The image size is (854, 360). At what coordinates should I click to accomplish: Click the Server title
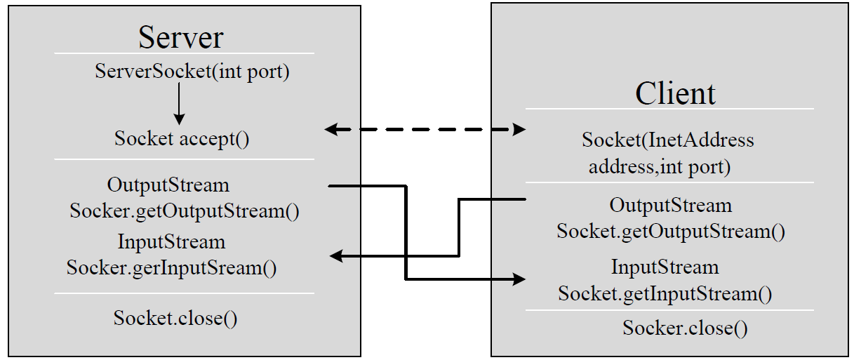(181, 37)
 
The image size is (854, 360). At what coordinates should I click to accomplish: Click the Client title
(675, 93)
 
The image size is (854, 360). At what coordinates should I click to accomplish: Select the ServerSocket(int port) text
(192, 72)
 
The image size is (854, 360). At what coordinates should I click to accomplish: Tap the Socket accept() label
(182, 138)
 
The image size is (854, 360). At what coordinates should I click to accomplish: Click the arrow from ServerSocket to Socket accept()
(179, 104)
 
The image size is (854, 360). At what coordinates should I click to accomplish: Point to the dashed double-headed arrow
(425, 129)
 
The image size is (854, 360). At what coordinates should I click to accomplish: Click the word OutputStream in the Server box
(168, 185)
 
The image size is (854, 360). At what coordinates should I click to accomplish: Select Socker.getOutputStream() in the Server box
(185, 211)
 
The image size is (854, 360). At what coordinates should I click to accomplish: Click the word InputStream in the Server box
(171, 242)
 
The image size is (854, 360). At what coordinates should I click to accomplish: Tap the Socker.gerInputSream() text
(171, 267)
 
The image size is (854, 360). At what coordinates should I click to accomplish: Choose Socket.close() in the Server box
(175, 318)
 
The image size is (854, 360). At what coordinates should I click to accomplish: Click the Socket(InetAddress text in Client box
(668, 140)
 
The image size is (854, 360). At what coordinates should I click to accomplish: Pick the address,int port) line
(660, 167)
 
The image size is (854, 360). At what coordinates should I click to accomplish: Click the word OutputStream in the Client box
(671, 206)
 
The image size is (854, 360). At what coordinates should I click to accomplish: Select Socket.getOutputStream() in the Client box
(671, 232)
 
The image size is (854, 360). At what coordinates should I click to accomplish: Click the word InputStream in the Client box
(665, 267)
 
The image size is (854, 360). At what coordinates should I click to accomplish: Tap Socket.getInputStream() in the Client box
(665, 293)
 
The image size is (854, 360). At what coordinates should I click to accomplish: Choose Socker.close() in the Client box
(685, 328)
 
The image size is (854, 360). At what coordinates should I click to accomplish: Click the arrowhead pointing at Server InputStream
(336, 255)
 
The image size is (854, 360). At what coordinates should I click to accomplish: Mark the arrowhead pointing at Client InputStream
(519, 279)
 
